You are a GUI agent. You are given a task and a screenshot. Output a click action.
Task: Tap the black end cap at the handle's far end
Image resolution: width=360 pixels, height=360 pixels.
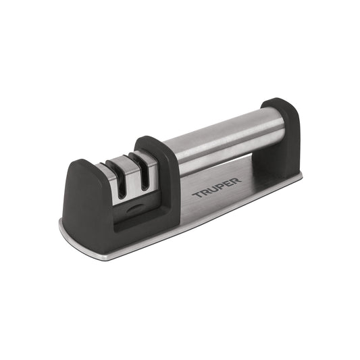[282, 135]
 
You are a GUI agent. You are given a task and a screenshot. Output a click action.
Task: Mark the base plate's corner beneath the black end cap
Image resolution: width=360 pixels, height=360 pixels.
[298, 177]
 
